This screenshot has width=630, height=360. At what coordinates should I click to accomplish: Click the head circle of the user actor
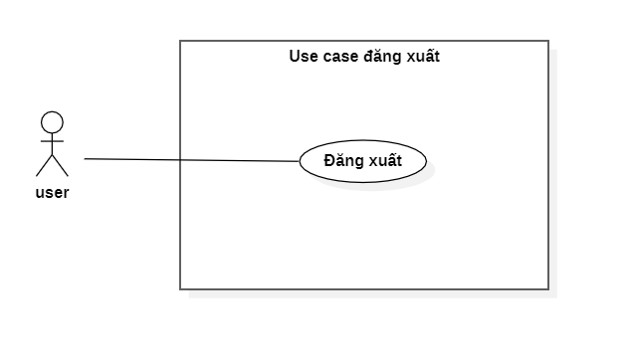pos(52,122)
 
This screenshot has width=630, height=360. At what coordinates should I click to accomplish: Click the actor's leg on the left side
pos(44,166)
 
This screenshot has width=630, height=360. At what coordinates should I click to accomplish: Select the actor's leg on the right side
pos(60,166)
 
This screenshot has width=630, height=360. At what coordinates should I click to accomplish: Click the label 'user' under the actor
pos(52,193)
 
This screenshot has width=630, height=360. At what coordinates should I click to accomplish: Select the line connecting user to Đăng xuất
pos(189,159)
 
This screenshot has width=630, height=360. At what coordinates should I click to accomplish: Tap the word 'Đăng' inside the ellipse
pos(344,160)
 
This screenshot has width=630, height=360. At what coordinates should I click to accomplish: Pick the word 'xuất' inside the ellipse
pos(385,160)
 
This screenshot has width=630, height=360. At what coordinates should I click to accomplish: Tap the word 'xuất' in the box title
pos(422,57)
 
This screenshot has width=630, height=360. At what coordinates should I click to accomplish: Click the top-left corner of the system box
pos(180,41)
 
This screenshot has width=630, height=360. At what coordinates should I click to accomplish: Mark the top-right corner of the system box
pos(548,41)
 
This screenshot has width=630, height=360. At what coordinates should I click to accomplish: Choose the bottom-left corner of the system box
pos(180,289)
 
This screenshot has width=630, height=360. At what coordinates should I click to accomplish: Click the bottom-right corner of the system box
pos(548,289)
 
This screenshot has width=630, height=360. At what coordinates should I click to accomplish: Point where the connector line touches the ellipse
pos(301,160)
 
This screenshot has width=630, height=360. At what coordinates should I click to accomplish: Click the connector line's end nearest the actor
pos(85,158)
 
